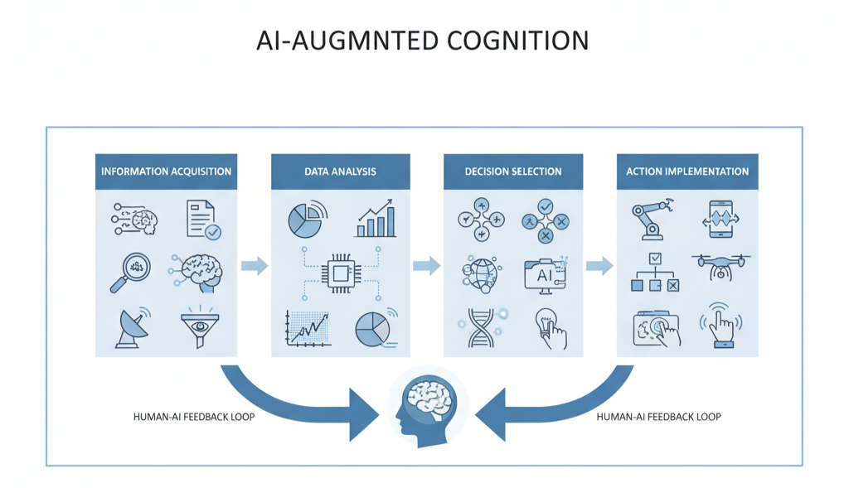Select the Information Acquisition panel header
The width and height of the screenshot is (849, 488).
tap(166, 172)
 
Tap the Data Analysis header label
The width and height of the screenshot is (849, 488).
tap(340, 172)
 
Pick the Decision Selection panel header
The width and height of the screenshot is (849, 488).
tap(513, 172)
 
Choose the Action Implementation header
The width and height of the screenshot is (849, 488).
tap(687, 172)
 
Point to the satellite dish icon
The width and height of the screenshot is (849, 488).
tap(130, 327)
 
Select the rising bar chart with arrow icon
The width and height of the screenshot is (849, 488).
tap(376, 220)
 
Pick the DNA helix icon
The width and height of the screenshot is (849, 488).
tap(479, 327)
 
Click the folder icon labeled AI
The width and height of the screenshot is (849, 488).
tap(545, 273)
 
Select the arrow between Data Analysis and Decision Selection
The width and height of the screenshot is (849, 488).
tap(426, 266)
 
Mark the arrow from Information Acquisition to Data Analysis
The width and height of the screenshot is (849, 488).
tap(255, 266)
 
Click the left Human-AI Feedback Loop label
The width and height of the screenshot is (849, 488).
tap(194, 417)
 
